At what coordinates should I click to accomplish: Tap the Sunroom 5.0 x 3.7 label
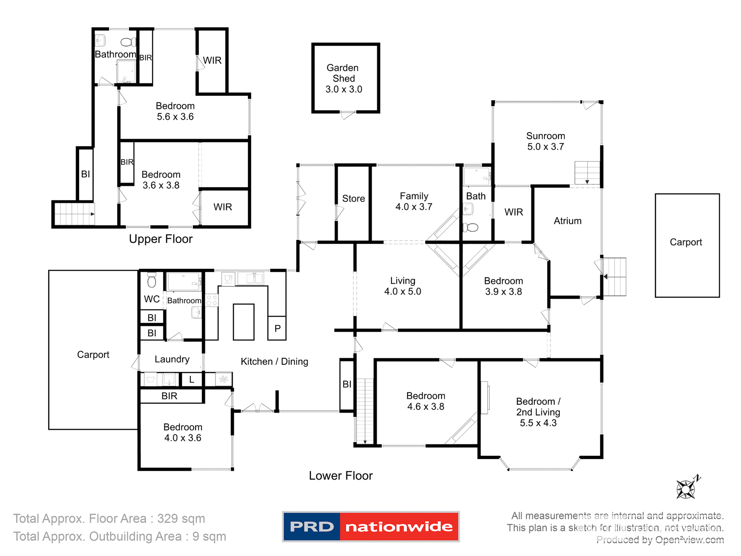(545, 141)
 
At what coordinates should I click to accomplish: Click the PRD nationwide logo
(370, 527)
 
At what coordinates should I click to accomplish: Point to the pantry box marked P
(277, 328)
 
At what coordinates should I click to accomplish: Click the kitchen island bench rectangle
(244, 322)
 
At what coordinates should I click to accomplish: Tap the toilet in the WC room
(152, 280)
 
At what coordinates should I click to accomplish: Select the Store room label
(353, 198)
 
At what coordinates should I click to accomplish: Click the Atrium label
(567, 221)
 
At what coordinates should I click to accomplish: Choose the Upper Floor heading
(161, 239)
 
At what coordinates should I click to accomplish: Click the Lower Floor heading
(340, 476)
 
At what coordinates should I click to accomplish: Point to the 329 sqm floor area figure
(181, 519)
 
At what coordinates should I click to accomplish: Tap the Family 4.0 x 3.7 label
(414, 201)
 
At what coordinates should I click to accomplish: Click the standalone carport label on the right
(685, 242)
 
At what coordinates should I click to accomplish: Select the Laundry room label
(172, 359)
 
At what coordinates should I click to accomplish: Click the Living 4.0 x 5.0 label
(403, 286)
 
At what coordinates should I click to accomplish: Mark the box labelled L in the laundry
(192, 379)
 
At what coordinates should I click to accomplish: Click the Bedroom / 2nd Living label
(538, 412)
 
